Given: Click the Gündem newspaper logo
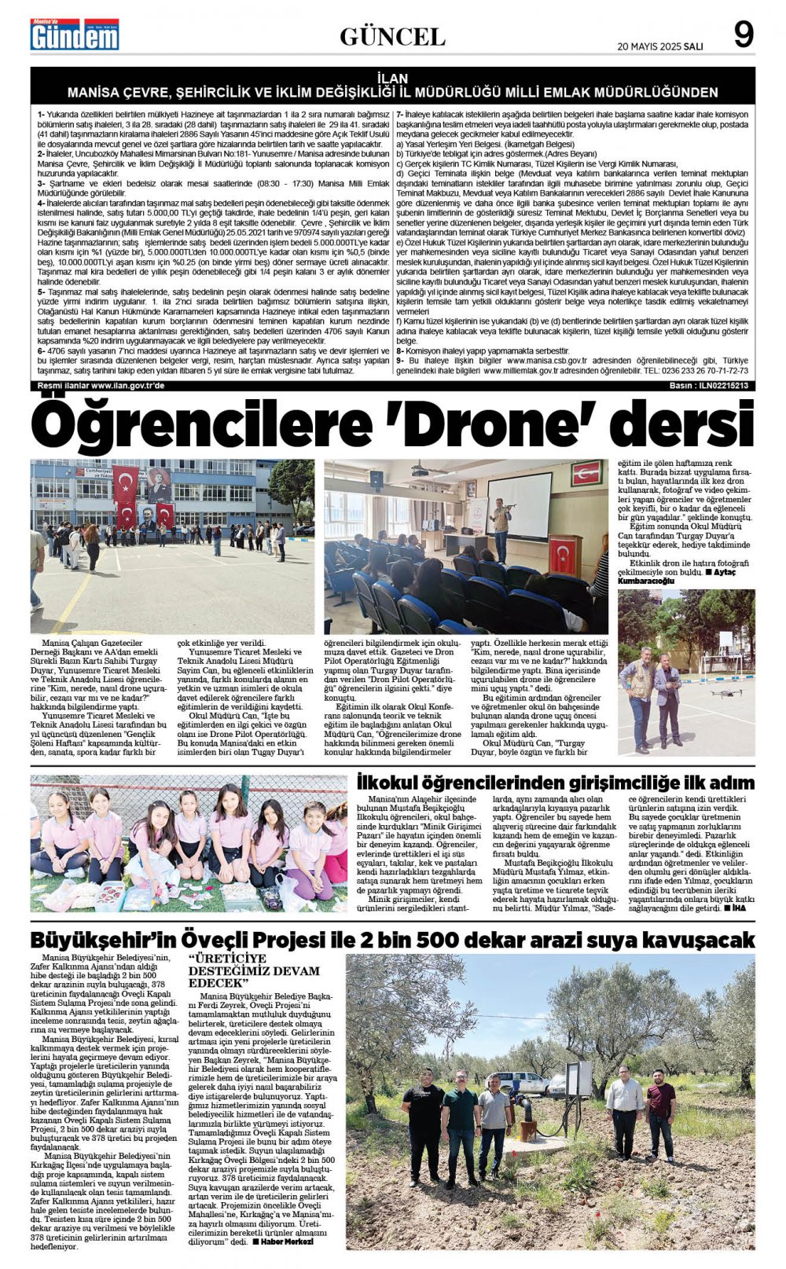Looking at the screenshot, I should pos(75,35).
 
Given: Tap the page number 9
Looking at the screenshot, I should pos(743,35).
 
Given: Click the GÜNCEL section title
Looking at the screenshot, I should pos(392,36).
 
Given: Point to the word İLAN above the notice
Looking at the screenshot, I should pos(392,79).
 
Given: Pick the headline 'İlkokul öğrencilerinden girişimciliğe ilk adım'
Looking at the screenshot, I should pos(555,783).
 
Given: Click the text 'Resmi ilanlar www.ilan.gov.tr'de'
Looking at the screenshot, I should pos(101,386).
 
